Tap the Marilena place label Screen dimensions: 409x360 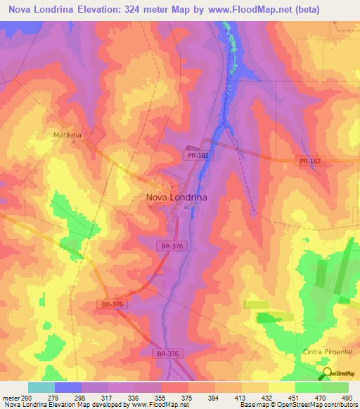[x=68, y=133]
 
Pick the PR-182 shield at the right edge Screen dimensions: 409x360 [x=309, y=161]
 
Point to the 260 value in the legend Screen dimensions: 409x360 [x=28, y=398]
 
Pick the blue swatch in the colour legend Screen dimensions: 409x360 [x=68, y=387]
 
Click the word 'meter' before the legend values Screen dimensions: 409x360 [x=10, y=398]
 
